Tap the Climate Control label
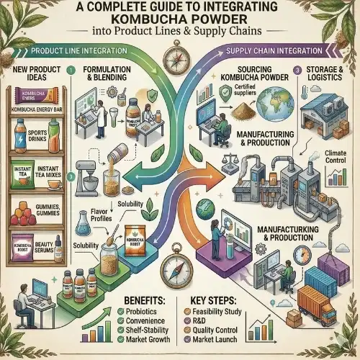click(333, 161)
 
